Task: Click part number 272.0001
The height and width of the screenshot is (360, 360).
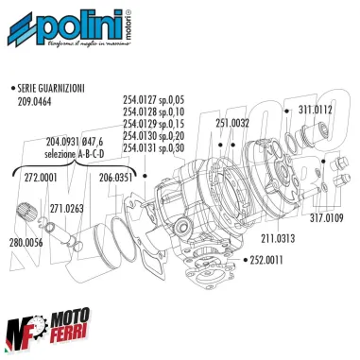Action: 41,176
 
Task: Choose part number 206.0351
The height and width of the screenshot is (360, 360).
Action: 117,176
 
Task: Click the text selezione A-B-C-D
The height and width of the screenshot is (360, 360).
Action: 82,153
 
